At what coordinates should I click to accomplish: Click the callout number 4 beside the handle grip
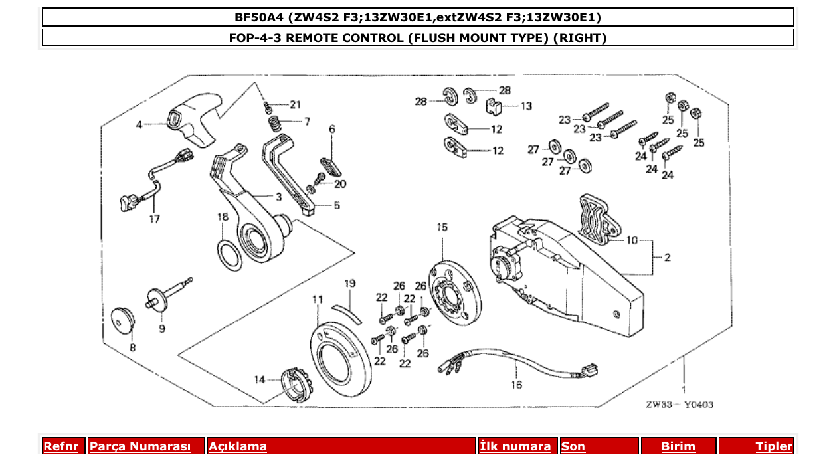(x=139, y=124)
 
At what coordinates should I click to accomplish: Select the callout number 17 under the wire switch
(x=154, y=219)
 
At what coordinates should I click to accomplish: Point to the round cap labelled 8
(x=122, y=321)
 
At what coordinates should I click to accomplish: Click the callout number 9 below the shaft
(x=162, y=328)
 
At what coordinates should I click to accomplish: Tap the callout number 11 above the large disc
(x=318, y=300)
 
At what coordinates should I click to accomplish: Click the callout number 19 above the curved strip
(x=350, y=284)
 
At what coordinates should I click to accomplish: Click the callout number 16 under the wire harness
(x=517, y=384)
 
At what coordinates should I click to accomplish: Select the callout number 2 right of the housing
(x=668, y=257)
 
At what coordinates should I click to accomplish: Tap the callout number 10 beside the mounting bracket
(x=631, y=240)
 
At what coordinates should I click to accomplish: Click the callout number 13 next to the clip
(x=526, y=106)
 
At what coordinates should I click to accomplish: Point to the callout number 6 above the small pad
(x=331, y=129)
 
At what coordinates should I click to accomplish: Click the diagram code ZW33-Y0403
(x=679, y=404)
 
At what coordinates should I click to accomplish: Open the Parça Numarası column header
(x=140, y=447)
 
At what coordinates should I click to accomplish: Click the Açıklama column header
(x=238, y=447)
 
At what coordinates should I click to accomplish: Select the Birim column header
(x=678, y=447)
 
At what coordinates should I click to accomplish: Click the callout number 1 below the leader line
(x=684, y=389)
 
